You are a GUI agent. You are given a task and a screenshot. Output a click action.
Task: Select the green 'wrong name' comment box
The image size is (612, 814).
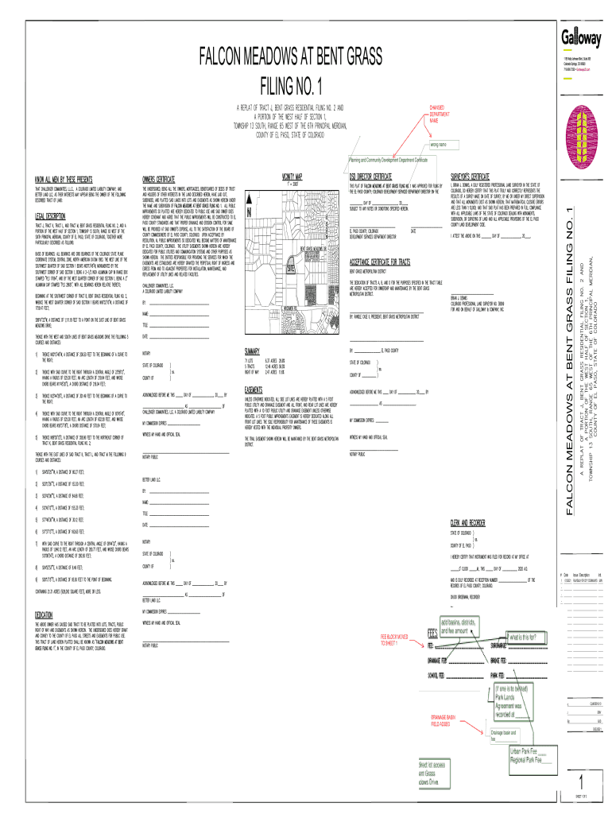[x=442, y=145]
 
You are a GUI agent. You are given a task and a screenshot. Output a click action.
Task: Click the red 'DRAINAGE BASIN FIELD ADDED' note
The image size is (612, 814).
[x=451, y=720]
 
